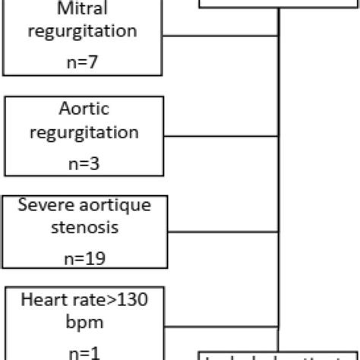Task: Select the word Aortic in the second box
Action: [84, 110]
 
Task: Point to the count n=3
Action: [84, 160]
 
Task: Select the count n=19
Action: [84, 259]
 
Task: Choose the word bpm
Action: [84, 322]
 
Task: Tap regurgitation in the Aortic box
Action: [84, 132]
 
